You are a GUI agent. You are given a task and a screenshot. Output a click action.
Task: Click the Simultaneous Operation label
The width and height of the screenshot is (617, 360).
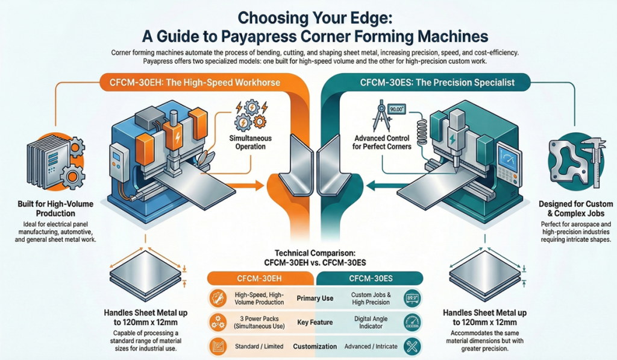tap(251, 142)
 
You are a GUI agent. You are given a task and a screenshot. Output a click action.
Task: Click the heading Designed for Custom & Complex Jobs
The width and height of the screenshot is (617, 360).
tap(575, 209)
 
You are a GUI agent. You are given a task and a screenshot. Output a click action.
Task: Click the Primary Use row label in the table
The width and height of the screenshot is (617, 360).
tap(315, 298)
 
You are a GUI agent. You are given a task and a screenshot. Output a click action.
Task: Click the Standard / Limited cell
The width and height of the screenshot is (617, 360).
tap(255, 346)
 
